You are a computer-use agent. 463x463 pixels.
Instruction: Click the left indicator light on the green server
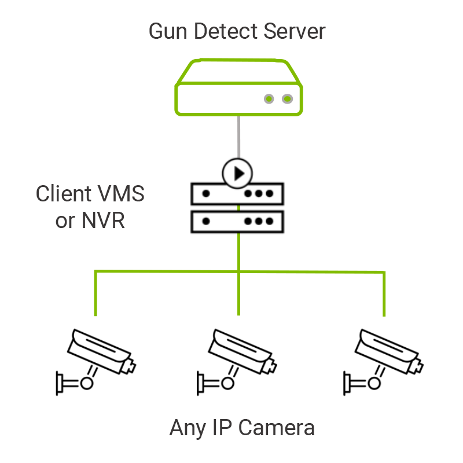tap(269, 99)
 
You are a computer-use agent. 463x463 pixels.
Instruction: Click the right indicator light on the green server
tap(287, 99)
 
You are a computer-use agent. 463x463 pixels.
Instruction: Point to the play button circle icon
tap(237, 172)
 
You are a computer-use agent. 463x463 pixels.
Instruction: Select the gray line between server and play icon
tap(238, 137)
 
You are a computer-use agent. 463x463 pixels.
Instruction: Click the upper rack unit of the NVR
tap(237, 194)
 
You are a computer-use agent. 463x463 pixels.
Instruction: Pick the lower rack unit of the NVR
tap(237, 221)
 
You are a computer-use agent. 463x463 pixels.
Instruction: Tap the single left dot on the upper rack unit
tap(205, 194)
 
